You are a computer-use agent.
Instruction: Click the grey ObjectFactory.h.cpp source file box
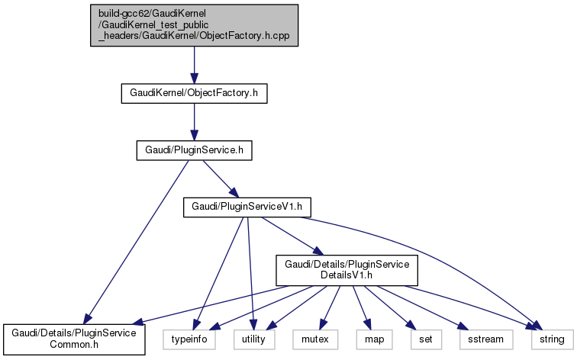click(194, 24)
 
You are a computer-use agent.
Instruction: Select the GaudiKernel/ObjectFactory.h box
click(194, 93)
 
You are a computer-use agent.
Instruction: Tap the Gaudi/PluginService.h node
click(194, 150)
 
